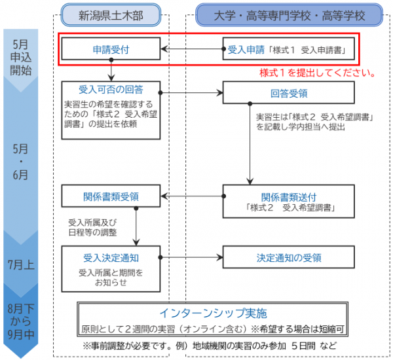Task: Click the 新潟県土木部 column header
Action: click(111, 14)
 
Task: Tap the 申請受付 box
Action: click(111, 48)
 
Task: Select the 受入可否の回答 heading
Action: click(111, 89)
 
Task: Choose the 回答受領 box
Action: click(289, 93)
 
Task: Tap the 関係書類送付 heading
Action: click(289, 196)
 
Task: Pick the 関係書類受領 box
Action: click(111, 195)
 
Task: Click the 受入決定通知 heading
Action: click(111, 257)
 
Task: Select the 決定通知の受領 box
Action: click(289, 257)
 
